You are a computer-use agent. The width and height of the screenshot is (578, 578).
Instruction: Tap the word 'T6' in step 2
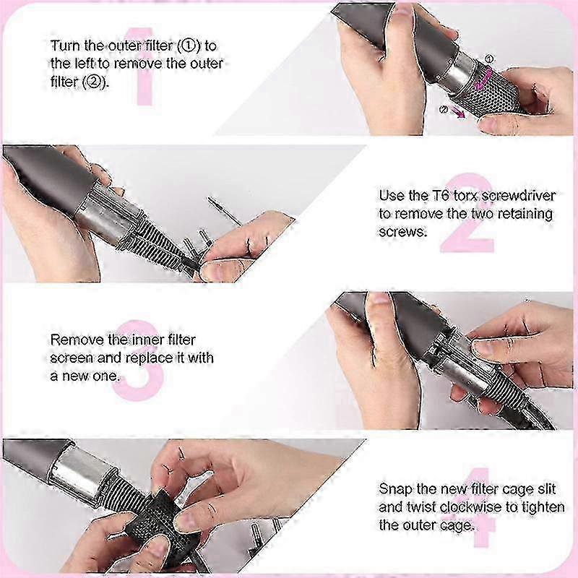[x=441, y=195]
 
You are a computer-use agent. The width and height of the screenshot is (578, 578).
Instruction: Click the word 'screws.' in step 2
[x=403, y=232]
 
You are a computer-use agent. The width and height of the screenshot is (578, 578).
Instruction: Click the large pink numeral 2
[x=467, y=212]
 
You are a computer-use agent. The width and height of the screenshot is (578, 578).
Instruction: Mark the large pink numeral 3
[x=138, y=360]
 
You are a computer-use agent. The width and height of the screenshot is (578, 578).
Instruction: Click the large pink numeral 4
[x=479, y=507]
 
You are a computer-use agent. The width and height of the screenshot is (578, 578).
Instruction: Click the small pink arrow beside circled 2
[x=459, y=113]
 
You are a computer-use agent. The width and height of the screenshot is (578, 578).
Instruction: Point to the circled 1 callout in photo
[x=489, y=59]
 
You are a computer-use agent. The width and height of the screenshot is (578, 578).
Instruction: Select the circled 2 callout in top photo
[x=444, y=109]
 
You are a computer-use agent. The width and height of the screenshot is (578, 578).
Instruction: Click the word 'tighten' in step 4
[x=543, y=507]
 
